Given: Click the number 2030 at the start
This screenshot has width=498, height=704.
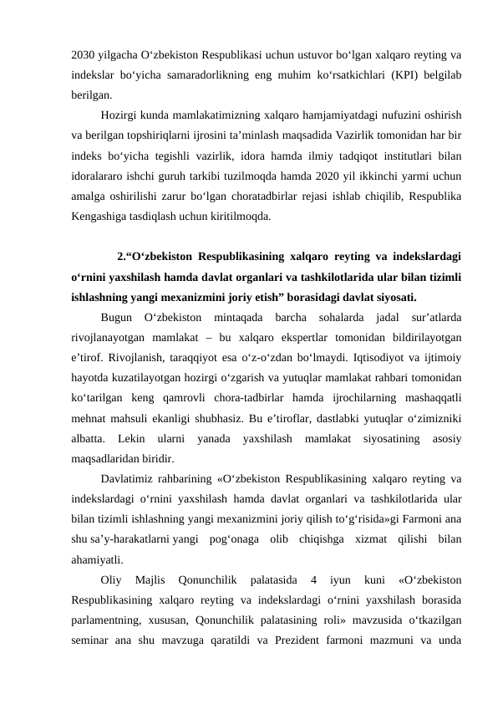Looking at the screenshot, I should [84, 55].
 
